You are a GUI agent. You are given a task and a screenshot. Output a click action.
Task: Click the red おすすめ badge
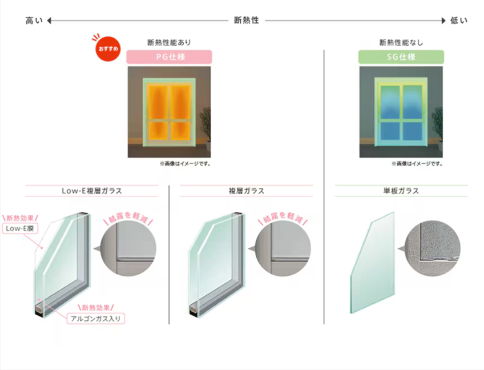108,49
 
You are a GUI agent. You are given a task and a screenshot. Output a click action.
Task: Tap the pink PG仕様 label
169,57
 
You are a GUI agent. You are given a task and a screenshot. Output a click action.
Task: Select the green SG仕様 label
401,57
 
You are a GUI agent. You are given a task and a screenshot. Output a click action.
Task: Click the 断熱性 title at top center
247,21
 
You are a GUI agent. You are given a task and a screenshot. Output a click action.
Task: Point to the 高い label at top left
34,21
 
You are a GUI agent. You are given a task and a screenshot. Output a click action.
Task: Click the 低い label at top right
459,21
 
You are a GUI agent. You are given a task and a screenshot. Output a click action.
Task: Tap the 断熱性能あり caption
169,42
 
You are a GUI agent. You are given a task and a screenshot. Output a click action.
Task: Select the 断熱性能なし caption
401,42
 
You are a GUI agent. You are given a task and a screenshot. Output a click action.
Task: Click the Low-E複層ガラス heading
92,191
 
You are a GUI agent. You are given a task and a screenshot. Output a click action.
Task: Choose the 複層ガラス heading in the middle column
247,191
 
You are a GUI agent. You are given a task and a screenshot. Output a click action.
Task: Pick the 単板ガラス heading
401,191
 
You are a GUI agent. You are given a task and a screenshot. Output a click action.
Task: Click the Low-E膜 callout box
20,228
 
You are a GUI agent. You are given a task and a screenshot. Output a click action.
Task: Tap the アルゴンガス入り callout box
96,319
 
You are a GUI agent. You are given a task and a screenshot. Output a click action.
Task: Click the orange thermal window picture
169,112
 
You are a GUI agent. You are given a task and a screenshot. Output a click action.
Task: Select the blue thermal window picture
401,112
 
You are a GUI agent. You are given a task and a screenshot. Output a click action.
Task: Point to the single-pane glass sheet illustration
373,263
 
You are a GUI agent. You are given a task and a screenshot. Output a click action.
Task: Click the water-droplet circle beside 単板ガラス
432,248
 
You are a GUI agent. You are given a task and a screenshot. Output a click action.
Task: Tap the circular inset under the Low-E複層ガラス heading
128,248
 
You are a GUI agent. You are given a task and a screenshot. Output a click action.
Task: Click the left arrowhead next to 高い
49,21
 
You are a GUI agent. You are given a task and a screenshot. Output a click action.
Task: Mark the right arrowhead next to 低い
443,21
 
